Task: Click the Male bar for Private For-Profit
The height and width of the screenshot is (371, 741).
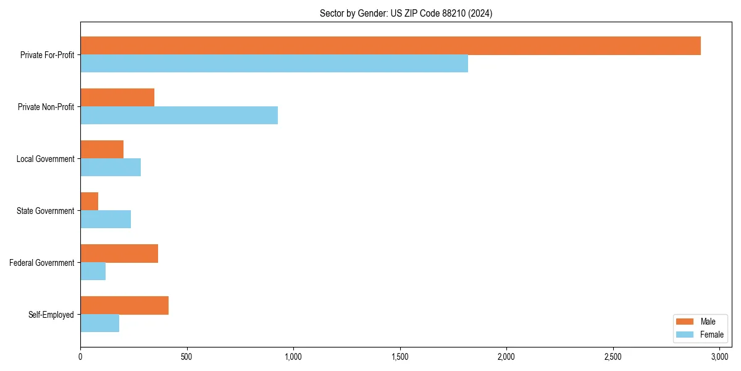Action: click(390, 46)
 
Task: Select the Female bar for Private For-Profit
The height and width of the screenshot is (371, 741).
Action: click(274, 64)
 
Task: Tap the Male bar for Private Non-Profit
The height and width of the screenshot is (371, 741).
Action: click(117, 98)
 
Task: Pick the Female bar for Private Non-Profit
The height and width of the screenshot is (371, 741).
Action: click(179, 116)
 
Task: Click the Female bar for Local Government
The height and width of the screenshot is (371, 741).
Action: click(111, 168)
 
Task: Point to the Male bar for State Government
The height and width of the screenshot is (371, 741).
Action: click(90, 202)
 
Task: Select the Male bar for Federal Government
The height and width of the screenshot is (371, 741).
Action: click(119, 254)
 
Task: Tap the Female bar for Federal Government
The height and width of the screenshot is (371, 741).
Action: click(93, 271)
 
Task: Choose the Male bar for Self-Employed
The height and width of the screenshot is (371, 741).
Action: click(124, 305)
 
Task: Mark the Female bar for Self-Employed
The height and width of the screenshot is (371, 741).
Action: click(100, 323)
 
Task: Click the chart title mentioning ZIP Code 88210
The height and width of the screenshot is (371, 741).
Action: click(406, 13)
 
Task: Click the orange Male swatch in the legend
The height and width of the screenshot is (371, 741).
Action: click(685, 322)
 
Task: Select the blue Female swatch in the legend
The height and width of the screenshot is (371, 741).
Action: click(685, 335)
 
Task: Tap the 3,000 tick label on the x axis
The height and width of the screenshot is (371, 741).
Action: click(719, 357)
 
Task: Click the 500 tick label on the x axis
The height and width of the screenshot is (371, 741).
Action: click(186, 357)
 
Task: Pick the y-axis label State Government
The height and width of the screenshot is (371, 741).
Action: click(46, 211)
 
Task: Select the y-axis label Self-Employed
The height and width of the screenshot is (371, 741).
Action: click(51, 315)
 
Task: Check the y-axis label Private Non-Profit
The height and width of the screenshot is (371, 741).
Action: click(46, 107)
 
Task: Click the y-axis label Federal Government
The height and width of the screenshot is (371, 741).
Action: click(42, 263)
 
